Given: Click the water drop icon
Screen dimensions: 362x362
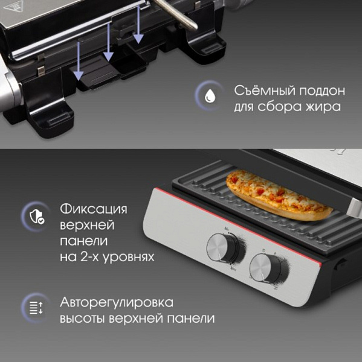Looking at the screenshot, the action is click(210, 95).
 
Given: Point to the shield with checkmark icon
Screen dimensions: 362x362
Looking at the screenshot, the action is click(37, 217).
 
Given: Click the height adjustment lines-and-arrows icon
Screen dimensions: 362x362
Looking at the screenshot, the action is click(36, 308).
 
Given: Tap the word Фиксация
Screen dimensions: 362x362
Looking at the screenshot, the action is click(94, 209).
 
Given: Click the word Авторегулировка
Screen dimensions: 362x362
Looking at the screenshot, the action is click(117, 303).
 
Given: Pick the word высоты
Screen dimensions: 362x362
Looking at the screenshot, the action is click(82, 319).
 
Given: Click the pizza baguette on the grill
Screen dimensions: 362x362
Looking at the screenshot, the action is click(279, 194).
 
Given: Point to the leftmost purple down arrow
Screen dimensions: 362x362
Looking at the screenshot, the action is click(79, 61).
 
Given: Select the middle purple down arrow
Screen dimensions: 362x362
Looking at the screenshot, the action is click(108, 42).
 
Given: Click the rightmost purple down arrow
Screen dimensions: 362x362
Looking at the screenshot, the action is click(138, 25).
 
